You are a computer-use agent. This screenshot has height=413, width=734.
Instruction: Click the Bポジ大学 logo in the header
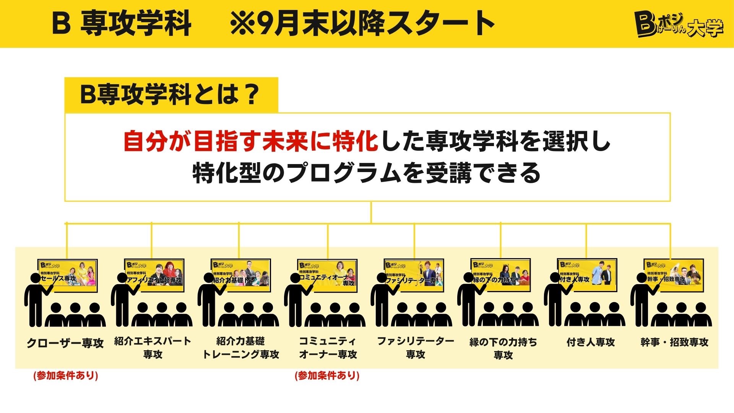tap(679, 24)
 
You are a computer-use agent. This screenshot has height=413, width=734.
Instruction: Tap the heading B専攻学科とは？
tap(170, 94)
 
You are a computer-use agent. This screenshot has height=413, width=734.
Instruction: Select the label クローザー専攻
tap(65, 343)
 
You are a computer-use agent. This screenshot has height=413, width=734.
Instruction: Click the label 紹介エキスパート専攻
tap(153, 348)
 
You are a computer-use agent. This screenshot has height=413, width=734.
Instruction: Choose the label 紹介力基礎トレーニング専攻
tap(240, 348)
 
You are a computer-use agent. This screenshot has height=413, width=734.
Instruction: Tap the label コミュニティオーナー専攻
tap(328, 348)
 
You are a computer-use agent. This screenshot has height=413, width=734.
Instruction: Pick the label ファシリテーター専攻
tap(416, 348)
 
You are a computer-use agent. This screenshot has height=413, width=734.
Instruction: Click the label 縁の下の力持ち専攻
tap(503, 348)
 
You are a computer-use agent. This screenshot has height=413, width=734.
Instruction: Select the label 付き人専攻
tap(591, 342)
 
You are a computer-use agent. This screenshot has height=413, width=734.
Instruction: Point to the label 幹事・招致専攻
tap(674, 342)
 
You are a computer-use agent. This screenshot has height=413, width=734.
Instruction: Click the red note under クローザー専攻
tap(66, 376)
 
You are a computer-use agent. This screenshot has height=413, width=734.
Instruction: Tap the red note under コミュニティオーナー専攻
tap(327, 376)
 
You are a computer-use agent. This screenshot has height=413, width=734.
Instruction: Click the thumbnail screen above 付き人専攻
tap(587, 275)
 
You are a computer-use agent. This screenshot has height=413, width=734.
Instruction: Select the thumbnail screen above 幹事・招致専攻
tap(674, 275)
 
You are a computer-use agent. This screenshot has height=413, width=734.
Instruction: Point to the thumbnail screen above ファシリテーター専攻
tap(414, 275)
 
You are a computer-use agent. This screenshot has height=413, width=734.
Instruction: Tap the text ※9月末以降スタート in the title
tap(362, 24)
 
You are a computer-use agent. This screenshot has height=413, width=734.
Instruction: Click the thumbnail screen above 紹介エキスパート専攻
tap(154, 275)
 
